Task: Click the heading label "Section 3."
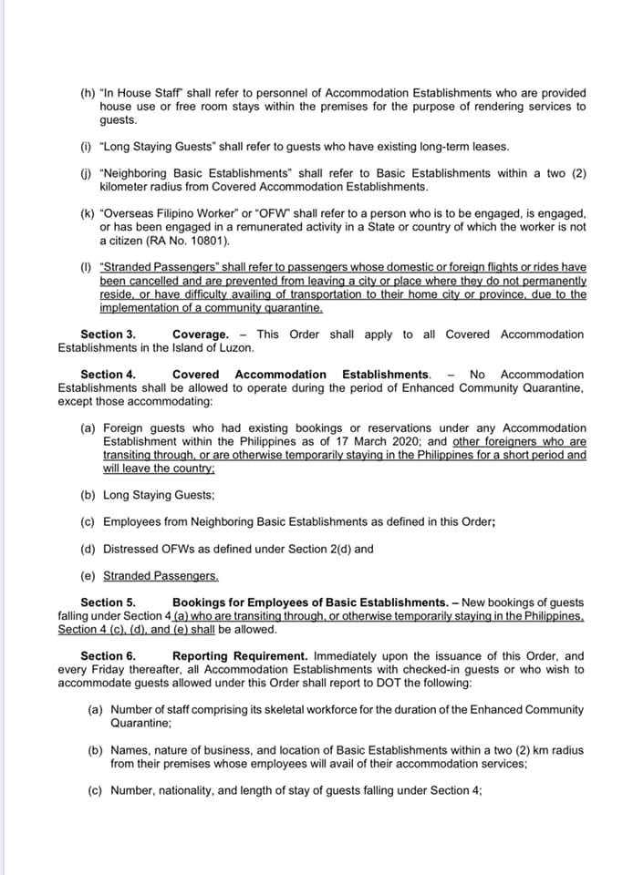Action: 108,335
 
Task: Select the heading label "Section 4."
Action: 108,374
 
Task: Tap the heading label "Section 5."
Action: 108,602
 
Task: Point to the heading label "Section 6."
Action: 108,656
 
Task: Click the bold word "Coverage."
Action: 201,335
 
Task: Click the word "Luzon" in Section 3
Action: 234,348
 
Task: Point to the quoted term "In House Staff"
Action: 149,94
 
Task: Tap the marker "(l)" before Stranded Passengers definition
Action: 86,267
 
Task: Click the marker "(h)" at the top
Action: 87,94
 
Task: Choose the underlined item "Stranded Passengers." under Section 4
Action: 161,576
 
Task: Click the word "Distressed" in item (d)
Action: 133,550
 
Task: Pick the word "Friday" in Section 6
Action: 109,670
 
